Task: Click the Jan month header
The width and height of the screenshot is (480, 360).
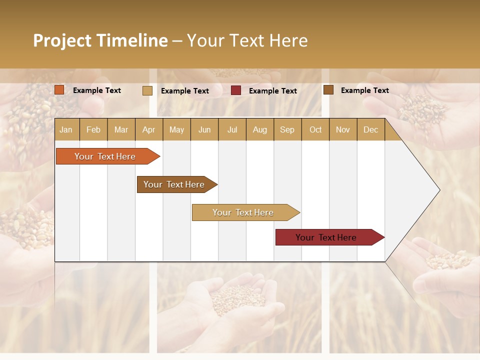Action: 66,130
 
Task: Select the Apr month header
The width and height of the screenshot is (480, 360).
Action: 148,130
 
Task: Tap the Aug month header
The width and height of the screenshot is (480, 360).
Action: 259,130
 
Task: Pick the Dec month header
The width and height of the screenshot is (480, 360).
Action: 370,130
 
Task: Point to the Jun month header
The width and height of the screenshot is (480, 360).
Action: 204,130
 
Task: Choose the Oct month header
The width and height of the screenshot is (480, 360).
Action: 315,130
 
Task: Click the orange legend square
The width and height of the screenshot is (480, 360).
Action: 59,90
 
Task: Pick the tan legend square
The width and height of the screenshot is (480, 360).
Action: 147,90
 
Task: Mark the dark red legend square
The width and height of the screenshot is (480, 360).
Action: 235,90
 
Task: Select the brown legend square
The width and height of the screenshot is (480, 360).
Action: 328,90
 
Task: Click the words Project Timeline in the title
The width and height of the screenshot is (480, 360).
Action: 100,40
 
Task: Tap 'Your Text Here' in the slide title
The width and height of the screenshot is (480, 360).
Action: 247,40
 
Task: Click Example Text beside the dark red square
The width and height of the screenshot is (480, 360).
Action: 272,91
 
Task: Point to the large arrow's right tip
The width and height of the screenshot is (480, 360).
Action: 438,190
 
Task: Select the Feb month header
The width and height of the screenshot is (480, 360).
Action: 93,130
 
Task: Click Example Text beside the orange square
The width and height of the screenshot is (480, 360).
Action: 96,90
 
